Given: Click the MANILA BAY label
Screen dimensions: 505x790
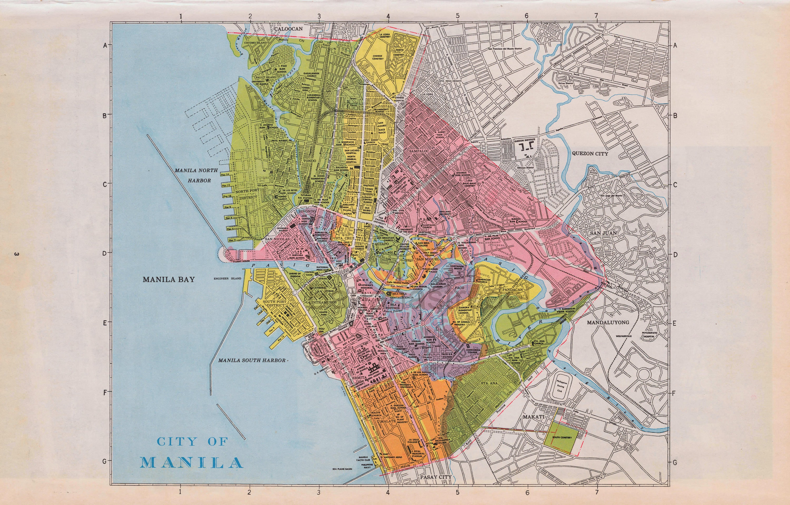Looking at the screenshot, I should (x=169, y=279).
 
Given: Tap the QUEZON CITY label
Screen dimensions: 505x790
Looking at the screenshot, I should (x=590, y=154).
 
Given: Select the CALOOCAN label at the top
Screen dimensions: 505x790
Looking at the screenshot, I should (x=288, y=29).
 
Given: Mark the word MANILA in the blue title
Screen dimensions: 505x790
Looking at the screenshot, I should (x=192, y=462).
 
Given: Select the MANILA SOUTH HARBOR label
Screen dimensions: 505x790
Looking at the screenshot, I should (x=252, y=360).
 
